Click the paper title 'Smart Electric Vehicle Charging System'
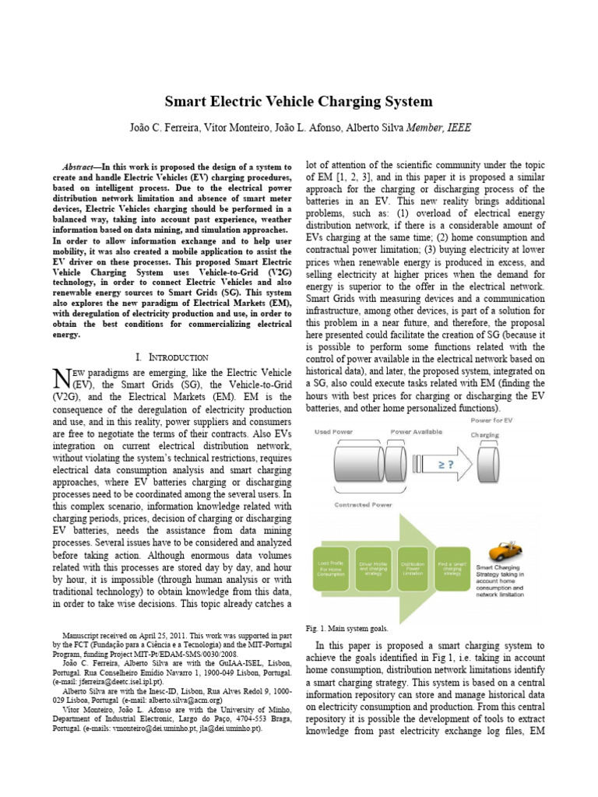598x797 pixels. tap(298, 102)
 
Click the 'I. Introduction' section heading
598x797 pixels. tap(171, 357)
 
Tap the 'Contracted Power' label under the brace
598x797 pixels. tap(363, 505)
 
